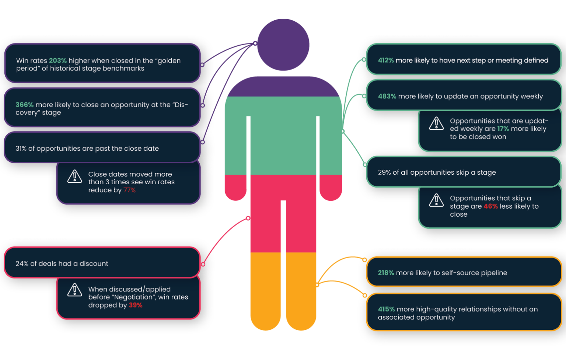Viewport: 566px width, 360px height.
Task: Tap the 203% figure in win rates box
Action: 57,61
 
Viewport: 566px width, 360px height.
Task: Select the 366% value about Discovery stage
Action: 24,105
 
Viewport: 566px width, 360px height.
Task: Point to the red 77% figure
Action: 129,190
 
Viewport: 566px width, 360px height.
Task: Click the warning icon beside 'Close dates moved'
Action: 75,176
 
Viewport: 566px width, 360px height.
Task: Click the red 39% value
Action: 135,305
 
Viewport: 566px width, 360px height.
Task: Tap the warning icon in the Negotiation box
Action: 75,290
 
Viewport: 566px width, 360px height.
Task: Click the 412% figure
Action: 386,60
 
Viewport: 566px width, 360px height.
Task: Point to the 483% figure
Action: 387,97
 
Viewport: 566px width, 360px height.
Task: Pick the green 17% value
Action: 503,129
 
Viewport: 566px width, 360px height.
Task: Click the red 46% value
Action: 490,206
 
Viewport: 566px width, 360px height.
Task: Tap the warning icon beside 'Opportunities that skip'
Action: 436,200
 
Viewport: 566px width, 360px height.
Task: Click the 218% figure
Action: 386,273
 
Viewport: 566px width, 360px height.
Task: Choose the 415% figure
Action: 386,310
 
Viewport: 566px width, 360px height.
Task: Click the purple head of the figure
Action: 283,45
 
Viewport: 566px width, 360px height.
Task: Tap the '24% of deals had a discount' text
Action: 62,264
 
